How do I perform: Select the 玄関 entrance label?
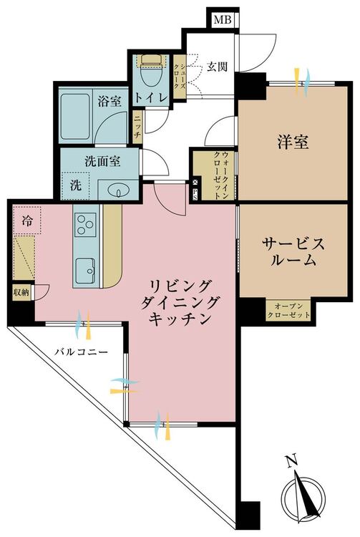(218, 68)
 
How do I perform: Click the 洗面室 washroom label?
(99, 161)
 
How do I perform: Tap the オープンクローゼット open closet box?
(288, 309)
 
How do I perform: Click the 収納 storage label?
(21, 292)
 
